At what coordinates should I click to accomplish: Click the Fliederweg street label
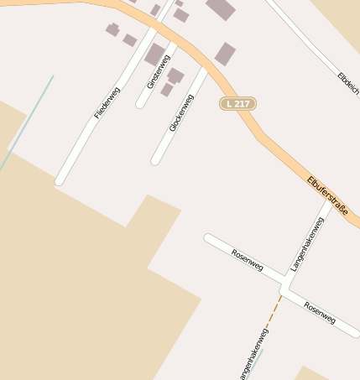[x=108, y=102]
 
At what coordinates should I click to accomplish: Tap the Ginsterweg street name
[x=158, y=71]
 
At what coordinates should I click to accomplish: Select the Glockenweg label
[x=181, y=112]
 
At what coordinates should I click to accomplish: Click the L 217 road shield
[x=237, y=103]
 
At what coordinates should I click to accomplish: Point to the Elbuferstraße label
[x=327, y=190]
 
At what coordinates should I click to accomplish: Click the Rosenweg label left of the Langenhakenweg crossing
[x=247, y=260]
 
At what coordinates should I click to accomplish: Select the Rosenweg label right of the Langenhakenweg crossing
[x=320, y=313]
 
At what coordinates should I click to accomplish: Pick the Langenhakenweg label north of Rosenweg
[x=306, y=243]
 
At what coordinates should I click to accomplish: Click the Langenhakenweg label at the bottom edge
[x=253, y=355]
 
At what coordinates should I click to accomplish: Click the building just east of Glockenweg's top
[x=225, y=54]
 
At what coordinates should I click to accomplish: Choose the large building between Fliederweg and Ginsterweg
[x=154, y=55]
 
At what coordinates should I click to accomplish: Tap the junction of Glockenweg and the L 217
[x=205, y=67]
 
